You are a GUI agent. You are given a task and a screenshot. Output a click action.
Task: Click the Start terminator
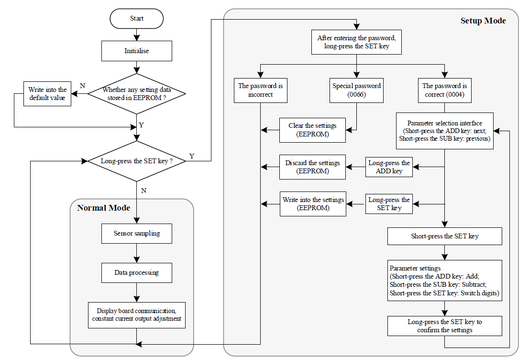(137, 19)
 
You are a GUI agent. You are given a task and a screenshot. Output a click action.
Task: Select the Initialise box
(137, 51)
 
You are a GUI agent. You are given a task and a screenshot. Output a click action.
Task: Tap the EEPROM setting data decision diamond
(137, 94)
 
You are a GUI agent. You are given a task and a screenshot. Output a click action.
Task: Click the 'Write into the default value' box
(47, 94)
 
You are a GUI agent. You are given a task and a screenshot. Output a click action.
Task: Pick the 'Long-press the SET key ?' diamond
(137, 161)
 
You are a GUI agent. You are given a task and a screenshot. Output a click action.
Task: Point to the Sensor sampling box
(137, 233)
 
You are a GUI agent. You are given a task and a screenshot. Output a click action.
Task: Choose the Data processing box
(137, 273)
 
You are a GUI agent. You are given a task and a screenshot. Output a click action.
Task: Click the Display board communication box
(137, 315)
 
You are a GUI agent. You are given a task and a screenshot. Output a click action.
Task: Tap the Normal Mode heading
(104, 208)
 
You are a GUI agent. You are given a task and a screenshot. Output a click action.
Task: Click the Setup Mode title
(483, 21)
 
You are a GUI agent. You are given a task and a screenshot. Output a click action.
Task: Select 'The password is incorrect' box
(261, 90)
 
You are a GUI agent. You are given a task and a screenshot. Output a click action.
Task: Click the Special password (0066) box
(357, 90)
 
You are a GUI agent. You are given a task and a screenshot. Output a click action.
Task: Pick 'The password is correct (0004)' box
(445, 90)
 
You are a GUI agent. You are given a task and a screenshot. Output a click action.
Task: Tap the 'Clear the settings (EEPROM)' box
(312, 130)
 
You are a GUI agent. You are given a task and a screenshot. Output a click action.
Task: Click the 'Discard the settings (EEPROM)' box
(312, 167)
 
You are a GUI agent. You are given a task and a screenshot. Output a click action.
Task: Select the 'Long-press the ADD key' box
(389, 167)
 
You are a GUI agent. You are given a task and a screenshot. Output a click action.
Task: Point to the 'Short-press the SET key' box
(445, 236)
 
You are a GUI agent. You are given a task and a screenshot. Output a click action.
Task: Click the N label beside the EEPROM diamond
(82, 86)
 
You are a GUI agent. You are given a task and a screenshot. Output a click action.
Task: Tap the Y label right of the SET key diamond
(192, 156)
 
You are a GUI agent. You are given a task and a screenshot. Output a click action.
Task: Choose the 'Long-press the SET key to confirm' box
(445, 326)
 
